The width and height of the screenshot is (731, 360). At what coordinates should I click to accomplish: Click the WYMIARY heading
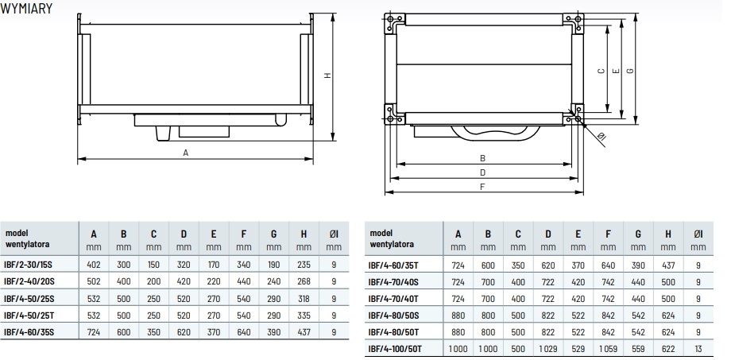tap(26, 9)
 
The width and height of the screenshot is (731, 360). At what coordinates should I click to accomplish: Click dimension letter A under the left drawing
tap(186, 153)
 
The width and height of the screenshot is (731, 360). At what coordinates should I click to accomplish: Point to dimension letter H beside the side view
tap(327, 75)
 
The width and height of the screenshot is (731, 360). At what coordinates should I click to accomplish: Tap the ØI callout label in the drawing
tap(601, 137)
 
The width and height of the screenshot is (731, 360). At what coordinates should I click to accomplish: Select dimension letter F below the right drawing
tap(483, 187)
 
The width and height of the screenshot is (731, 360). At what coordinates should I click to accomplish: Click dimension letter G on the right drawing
tap(630, 71)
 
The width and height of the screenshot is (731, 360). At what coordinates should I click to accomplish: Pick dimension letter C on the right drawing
tap(601, 71)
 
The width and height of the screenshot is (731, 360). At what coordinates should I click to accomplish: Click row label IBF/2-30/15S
tap(28, 265)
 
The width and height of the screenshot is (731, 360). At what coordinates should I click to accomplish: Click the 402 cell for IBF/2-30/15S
tap(94, 265)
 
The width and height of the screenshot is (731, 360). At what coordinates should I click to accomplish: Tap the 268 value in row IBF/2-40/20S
tap(304, 281)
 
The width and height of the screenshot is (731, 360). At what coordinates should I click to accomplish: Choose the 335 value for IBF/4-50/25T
tap(304, 315)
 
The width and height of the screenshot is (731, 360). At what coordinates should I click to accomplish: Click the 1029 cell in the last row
tap(548, 348)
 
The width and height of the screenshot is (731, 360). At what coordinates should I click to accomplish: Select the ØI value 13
tap(698, 348)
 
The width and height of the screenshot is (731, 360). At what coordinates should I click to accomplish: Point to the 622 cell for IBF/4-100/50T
tap(668, 348)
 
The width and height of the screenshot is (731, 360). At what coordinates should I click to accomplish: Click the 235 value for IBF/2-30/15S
tap(304, 265)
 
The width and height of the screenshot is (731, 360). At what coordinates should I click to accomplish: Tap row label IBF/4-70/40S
tap(393, 282)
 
